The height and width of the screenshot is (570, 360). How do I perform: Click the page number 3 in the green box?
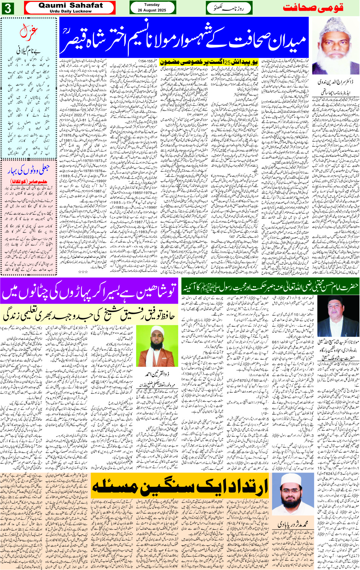[x=8, y=8]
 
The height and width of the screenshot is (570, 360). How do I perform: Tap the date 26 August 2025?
[x=152, y=10]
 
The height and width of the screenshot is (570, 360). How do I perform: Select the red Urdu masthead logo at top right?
[x=313, y=8]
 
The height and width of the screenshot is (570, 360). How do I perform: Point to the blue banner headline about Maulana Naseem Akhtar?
[x=184, y=37]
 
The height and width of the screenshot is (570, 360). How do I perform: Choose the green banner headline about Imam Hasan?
[x=270, y=287]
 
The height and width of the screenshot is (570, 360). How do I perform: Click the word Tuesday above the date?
[x=152, y=5]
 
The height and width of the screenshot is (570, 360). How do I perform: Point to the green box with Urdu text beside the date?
[x=225, y=8]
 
